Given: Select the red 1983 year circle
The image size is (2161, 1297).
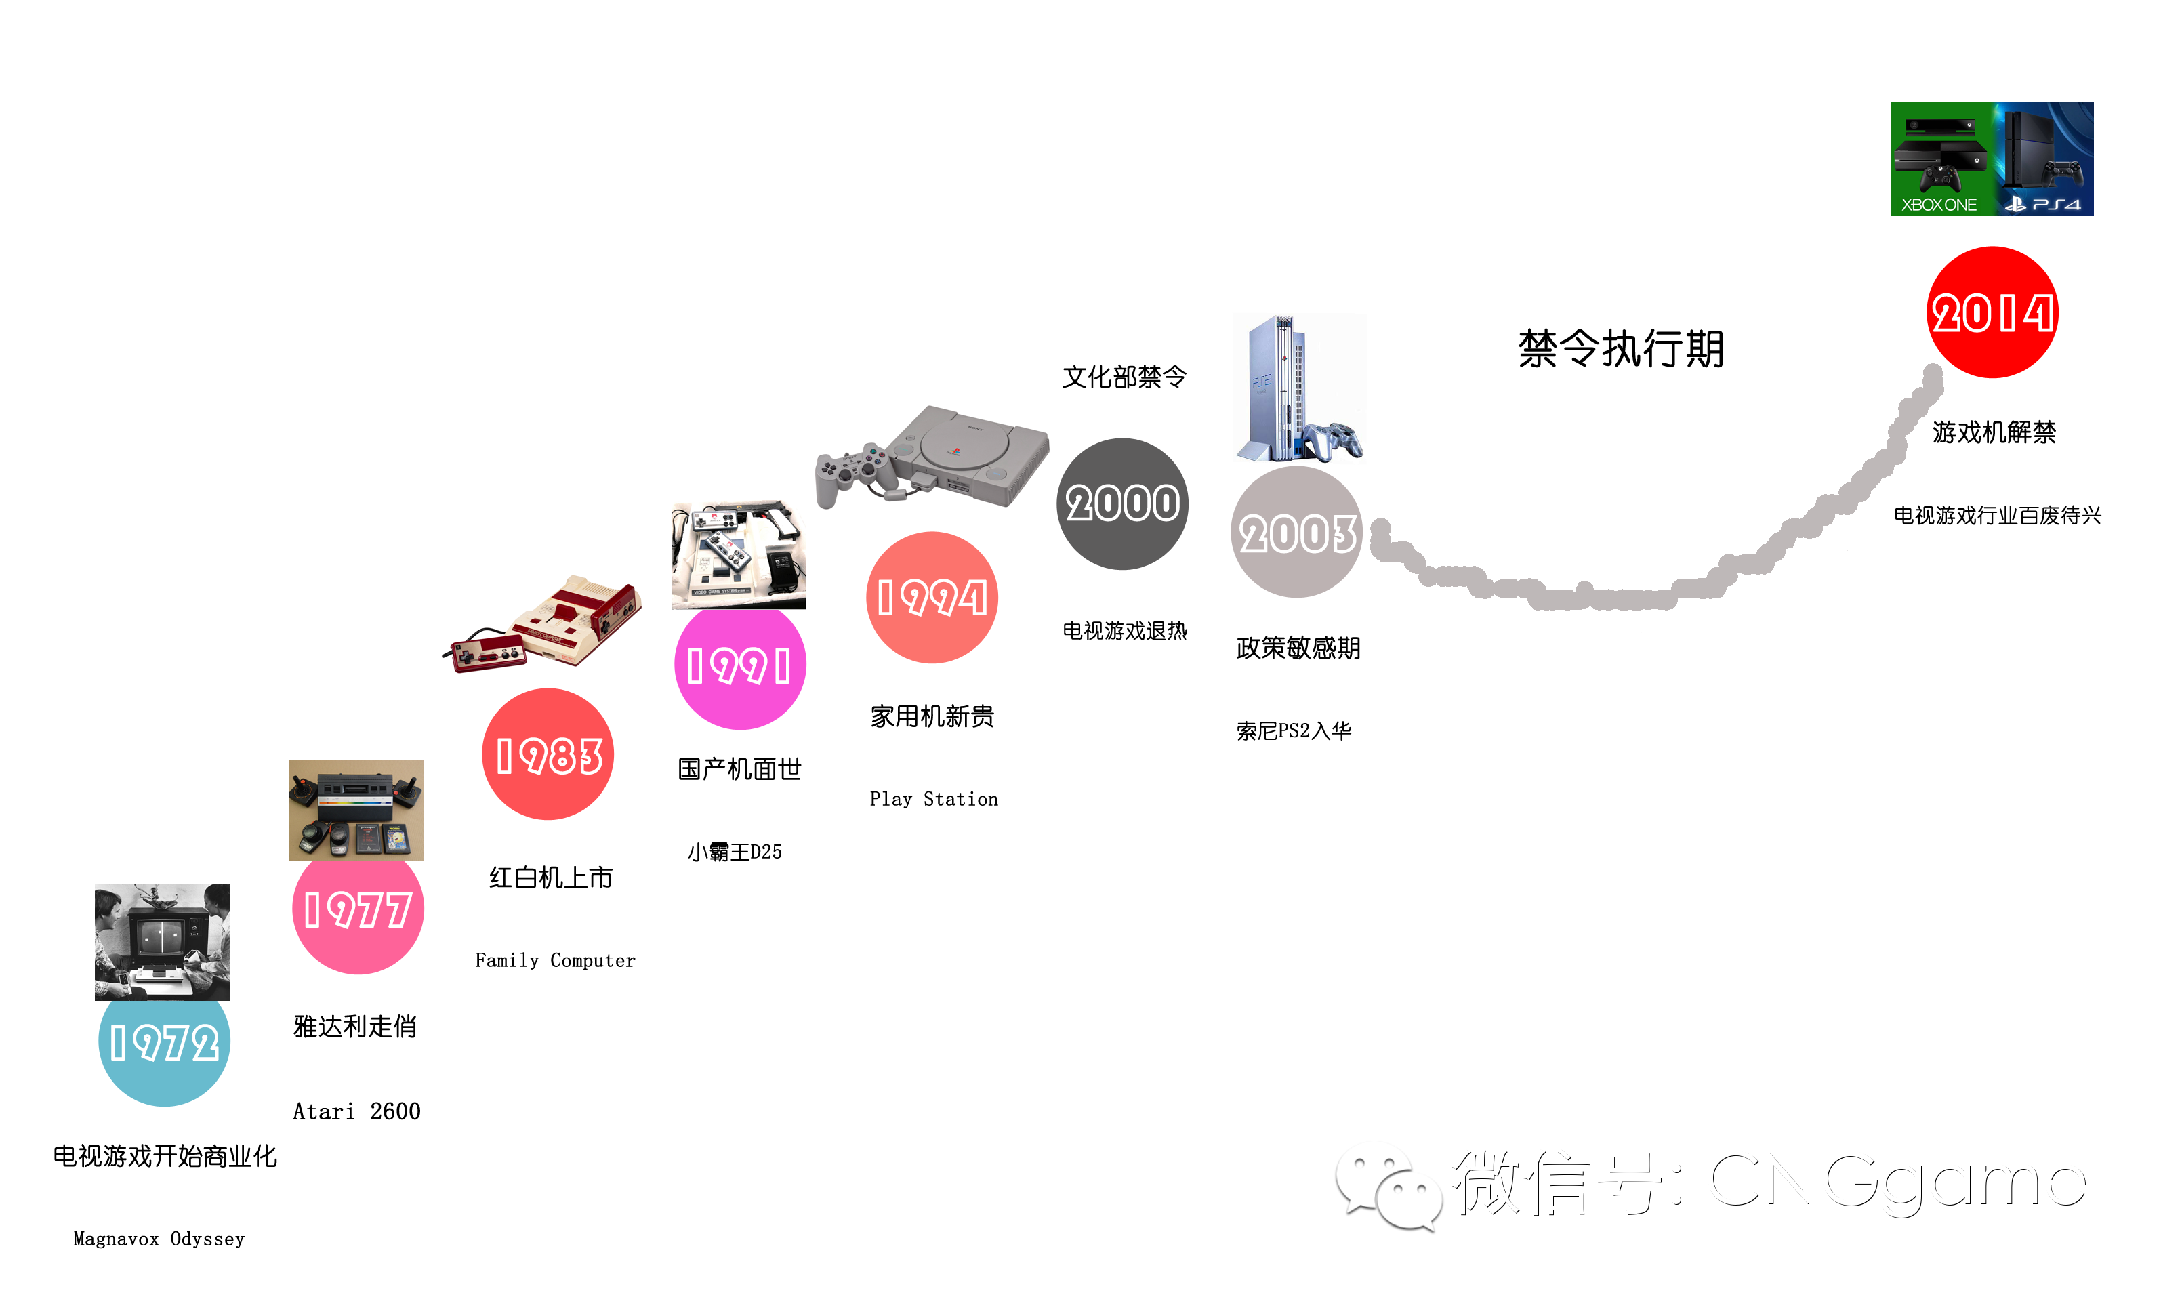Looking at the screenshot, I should pyautogui.click(x=548, y=755).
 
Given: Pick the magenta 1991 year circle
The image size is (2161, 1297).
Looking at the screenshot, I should pyautogui.click(x=739, y=666).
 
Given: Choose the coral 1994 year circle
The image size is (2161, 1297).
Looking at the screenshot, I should pyautogui.click(x=932, y=598).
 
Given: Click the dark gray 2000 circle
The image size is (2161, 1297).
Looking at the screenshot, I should pyautogui.click(x=1122, y=504).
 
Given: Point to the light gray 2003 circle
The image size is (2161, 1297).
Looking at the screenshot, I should pyautogui.click(x=1297, y=533).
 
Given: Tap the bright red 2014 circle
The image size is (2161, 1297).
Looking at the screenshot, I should pyautogui.click(x=1992, y=313).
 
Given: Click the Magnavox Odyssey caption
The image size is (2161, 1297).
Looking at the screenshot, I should pyautogui.click(x=159, y=1239).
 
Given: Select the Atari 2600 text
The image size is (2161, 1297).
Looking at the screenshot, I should pyautogui.click(x=356, y=1112).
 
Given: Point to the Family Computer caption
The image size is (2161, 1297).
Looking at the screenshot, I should pyautogui.click(x=555, y=960).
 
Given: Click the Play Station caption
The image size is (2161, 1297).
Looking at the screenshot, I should pyautogui.click(x=933, y=799).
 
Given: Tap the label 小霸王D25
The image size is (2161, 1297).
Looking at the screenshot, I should pyautogui.click(x=735, y=852).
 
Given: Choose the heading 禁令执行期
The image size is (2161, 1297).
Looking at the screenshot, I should pyautogui.click(x=1621, y=350).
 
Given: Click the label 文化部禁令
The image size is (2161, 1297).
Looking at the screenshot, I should pyautogui.click(x=1124, y=377).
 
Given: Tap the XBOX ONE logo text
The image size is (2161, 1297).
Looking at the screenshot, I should pyautogui.click(x=1938, y=205).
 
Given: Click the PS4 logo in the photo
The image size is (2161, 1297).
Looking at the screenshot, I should pyautogui.click(x=2043, y=205).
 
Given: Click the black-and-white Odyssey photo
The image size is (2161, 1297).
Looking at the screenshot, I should pyautogui.click(x=163, y=942).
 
